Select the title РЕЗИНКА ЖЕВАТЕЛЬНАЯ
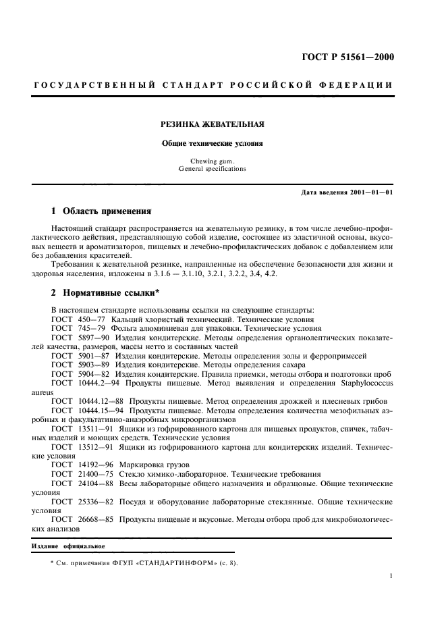(212, 124)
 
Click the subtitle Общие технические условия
(212, 143)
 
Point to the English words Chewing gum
(212, 161)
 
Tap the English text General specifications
(212, 169)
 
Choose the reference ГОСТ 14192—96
(78, 465)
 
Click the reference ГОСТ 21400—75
(78, 474)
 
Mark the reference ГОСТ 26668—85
(78, 520)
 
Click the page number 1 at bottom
(391, 577)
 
